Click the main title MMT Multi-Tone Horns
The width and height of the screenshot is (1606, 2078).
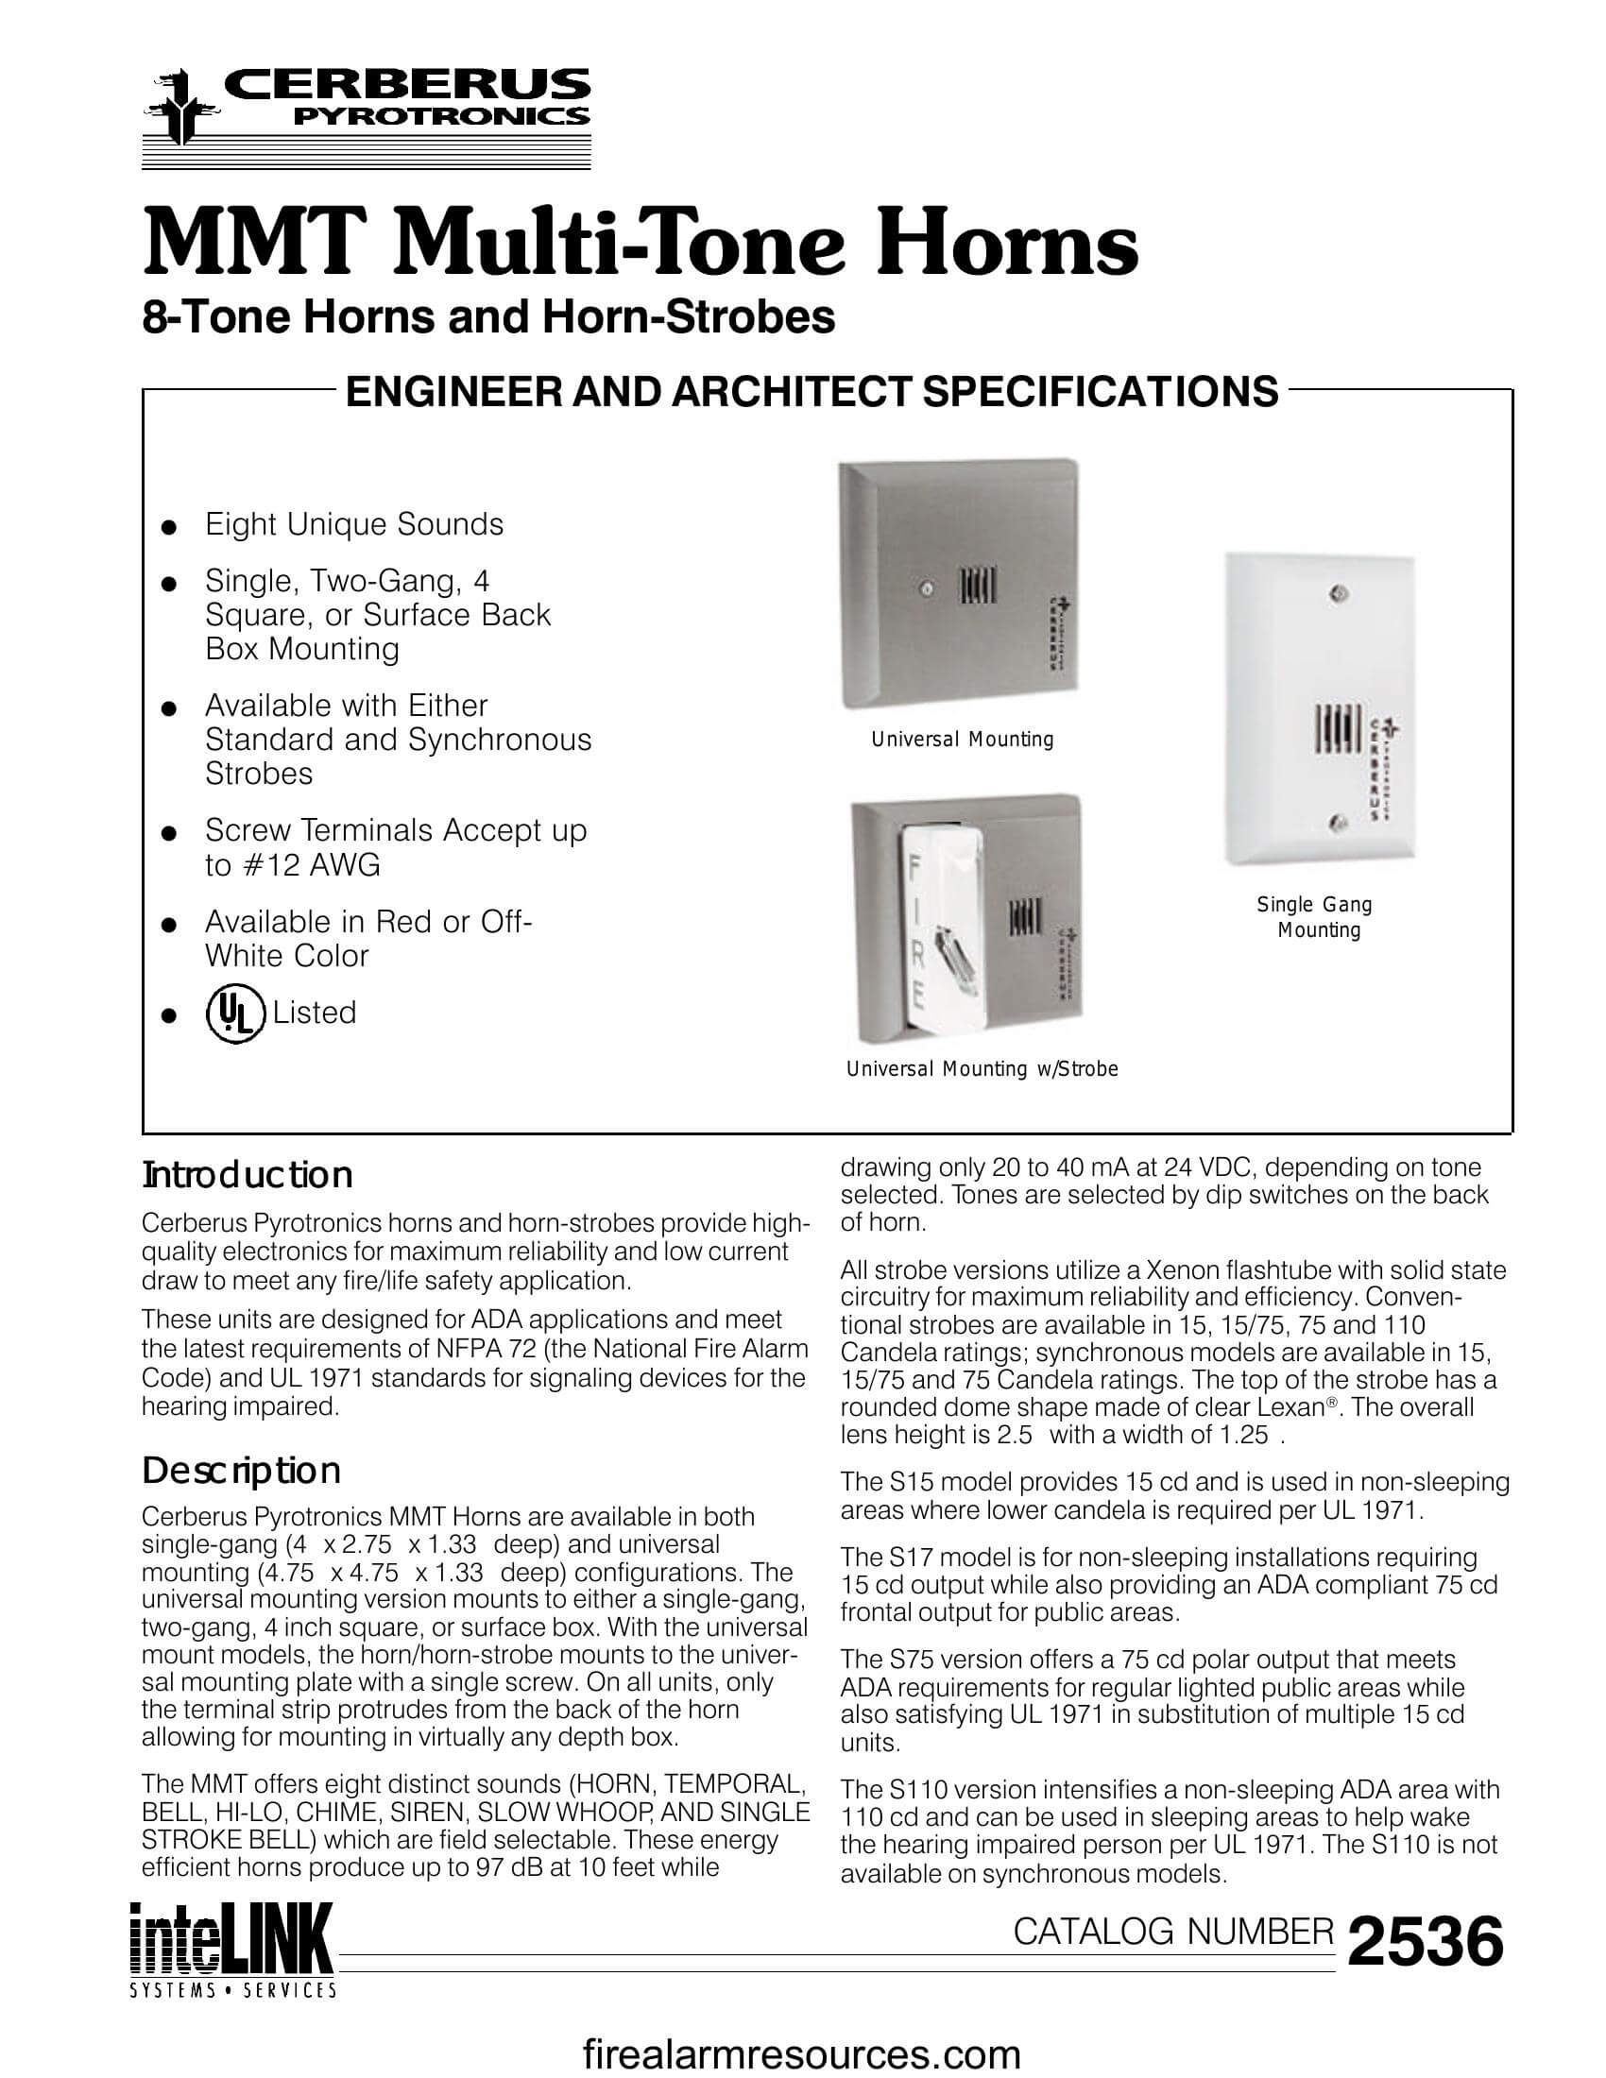pos(640,245)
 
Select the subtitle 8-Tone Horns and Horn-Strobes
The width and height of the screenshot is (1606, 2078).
pos(488,317)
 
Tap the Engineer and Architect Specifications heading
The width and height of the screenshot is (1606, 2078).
pos(812,392)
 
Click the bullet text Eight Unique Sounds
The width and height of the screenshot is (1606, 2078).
pos(354,524)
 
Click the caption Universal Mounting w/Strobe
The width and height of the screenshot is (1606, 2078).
pos(982,1068)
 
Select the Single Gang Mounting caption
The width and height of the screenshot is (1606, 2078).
pos(1315,917)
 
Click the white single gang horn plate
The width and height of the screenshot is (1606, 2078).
pos(1318,708)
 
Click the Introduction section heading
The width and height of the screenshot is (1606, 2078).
pos(248,1176)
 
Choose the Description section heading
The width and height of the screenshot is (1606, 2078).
pos(241,1471)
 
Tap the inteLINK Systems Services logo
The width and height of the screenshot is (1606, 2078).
pos(232,1949)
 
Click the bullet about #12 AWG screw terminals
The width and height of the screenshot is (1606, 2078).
pos(395,847)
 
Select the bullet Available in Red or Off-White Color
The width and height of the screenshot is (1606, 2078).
pos(368,938)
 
